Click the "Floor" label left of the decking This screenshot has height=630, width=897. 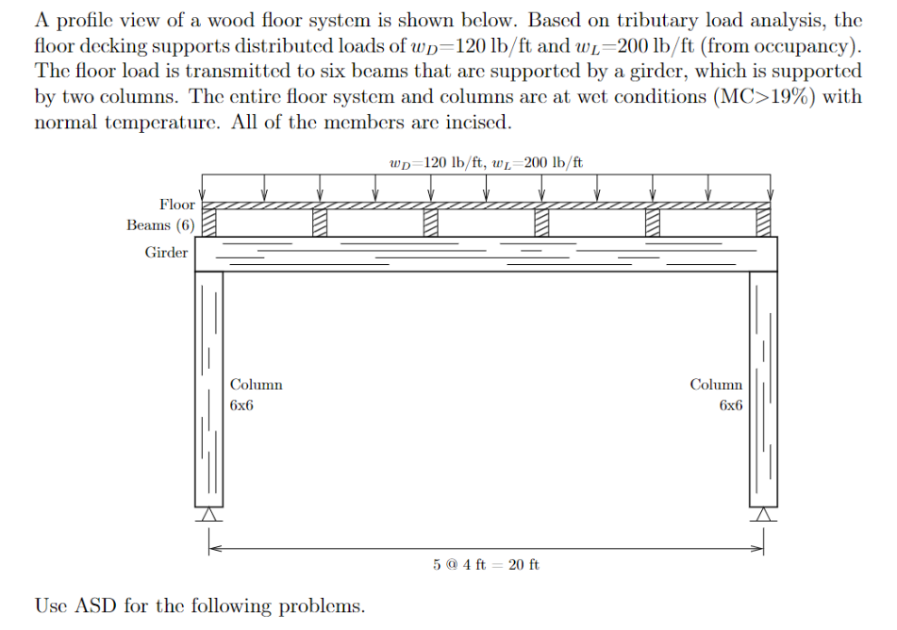point(177,205)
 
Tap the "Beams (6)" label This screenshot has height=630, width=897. point(161,225)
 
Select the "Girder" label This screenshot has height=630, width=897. point(166,253)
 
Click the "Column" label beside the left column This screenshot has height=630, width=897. point(256,385)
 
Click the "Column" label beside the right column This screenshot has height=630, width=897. point(716,385)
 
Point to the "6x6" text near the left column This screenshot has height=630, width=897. point(241,406)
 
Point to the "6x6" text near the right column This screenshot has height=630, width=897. point(730,406)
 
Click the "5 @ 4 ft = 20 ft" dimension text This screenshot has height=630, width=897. point(487,565)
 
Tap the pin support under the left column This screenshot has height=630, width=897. point(208,515)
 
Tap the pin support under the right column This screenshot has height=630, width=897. point(763,515)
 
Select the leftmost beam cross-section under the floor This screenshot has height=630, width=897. point(210,223)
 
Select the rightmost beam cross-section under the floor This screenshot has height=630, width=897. point(763,223)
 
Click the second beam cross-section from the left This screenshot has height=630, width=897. point(321,223)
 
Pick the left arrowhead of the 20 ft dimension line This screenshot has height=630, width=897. point(213,546)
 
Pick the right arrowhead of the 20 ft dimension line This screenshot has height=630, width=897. point(758,546)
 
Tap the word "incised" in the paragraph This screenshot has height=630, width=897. point(478,124)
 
